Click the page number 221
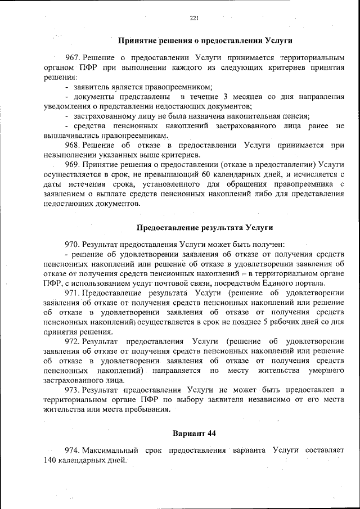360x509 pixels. coord(194,18)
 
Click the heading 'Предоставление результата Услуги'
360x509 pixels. coord(205,227)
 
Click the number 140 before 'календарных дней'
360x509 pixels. coord(49,460)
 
